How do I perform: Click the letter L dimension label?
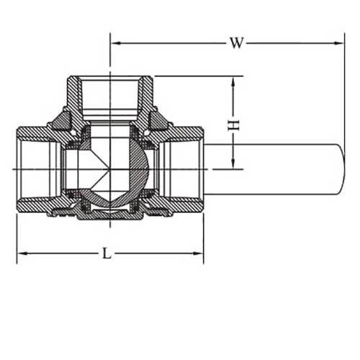tap(107, 253)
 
